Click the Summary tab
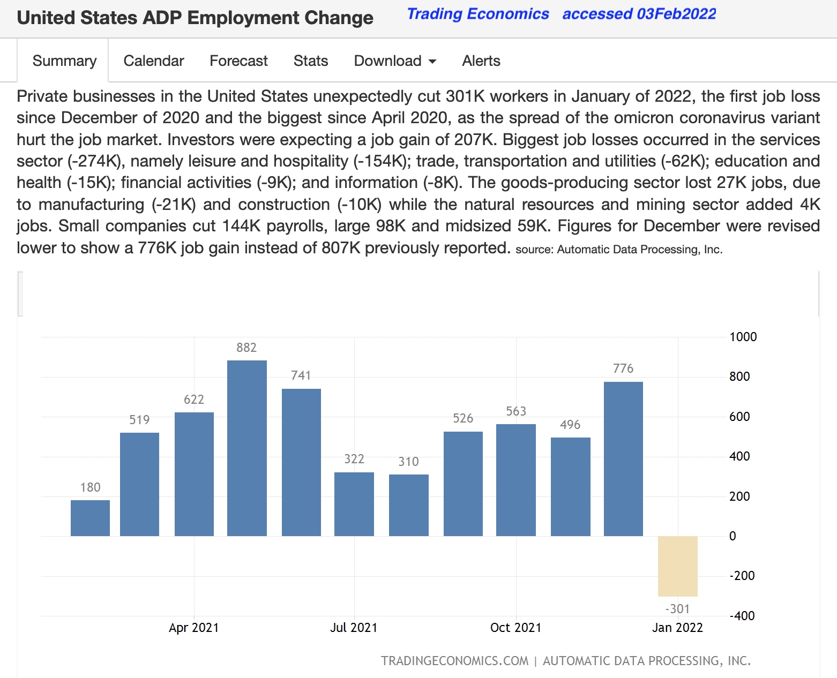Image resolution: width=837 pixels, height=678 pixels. (64, 61)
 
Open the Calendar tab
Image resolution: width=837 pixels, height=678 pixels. (154, 61)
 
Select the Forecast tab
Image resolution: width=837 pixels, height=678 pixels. (238, 61)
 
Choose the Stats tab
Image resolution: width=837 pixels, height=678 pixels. (311, 61)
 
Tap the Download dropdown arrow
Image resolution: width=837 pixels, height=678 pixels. (432, 62)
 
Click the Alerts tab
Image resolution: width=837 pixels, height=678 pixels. (481, 61)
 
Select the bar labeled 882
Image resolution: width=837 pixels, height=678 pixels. (246, 448)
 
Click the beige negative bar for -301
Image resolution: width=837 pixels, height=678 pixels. (677, 566)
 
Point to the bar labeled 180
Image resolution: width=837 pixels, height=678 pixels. (90, 518)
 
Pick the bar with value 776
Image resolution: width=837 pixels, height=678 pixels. (623, 458)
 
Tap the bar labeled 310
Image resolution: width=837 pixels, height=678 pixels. (408, 505)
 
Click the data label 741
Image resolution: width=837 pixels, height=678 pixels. (301, 375)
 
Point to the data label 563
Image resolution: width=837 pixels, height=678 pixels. (516, 411)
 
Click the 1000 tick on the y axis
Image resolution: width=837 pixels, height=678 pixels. (743, 337)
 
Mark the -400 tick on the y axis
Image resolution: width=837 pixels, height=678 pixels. (742, 616)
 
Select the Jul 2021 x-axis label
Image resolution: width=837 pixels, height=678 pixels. (354, 628)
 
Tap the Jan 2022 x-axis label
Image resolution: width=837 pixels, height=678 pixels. (677, 628)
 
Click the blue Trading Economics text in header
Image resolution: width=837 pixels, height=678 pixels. (478, 14)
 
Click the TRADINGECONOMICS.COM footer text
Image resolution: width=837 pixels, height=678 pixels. (454, 661)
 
